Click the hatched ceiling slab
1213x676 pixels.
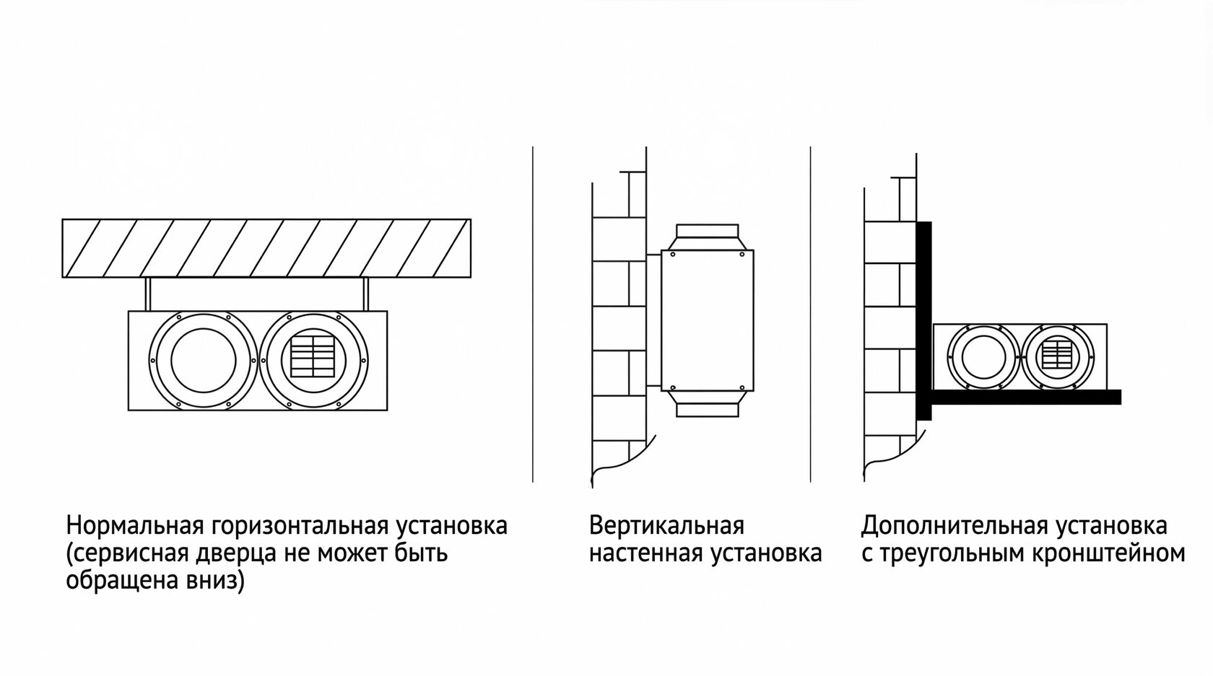(x=266, y=248)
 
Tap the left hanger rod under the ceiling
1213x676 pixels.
(x=147, y=294)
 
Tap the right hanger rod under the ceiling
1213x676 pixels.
(x=365, y=294)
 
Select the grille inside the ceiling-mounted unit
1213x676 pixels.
(x=313, y=358)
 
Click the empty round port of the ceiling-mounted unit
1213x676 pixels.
(x=204, y=361)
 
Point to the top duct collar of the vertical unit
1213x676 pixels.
(x=708, y=237)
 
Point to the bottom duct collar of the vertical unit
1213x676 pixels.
(x=708, y=404)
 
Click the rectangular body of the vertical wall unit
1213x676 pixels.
(x=708, y=320)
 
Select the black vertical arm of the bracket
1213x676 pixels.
(x=924, y=321)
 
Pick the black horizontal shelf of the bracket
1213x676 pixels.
(x=1019, y=397)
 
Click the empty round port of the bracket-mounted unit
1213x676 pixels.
(x=984, y=357)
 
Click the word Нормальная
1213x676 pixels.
(x=135, y=525)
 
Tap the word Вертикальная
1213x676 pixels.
(x=666, y=525)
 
